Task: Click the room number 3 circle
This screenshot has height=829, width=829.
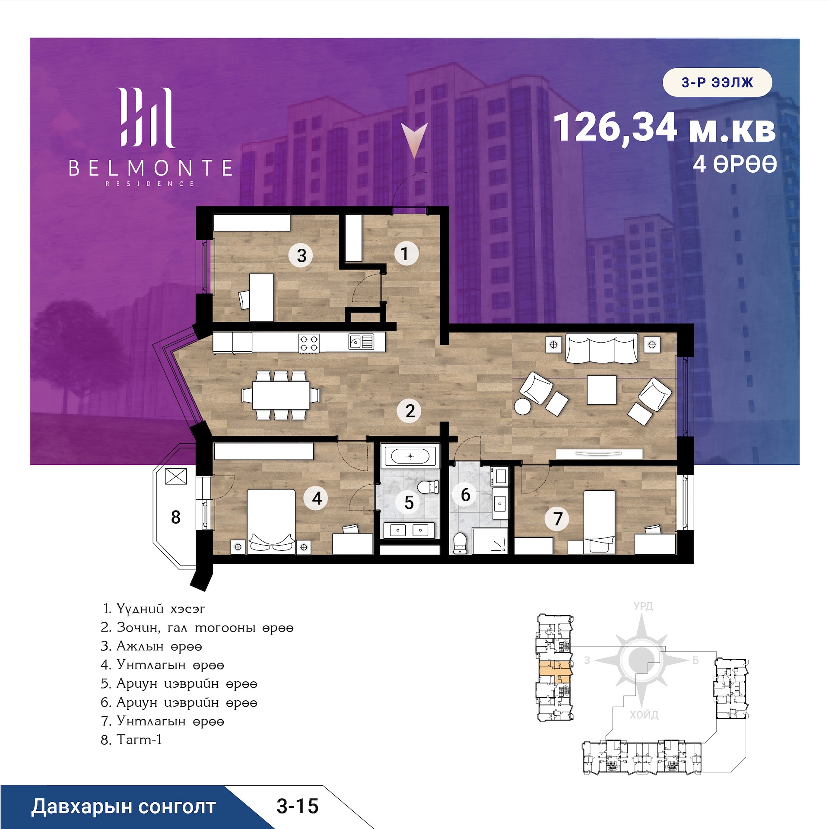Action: click(x=301, y=255)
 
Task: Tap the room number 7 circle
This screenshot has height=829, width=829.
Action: click(x=558, y=518)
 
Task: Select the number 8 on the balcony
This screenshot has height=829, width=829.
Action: click(x=175, y=517)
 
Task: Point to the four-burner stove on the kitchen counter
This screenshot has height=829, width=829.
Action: click(x=309, y=343)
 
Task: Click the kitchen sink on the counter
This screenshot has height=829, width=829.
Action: click(x=361, y=342)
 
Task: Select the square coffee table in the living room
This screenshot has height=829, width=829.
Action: click(x=601, y=390)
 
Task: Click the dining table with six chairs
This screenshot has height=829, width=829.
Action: click(x=281, y=395)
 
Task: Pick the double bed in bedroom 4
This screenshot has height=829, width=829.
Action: click(x=271, y=521)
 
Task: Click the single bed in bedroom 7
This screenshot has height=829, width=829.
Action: click(x=599, y=522)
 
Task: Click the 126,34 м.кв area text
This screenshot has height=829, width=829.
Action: click(x=664, y=127)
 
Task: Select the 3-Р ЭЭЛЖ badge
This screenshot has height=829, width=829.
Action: click(x=717, y=82)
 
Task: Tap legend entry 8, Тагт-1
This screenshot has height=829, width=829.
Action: click(x=131, y=740)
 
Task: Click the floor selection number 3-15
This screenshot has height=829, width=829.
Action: click(x=297, y=807)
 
